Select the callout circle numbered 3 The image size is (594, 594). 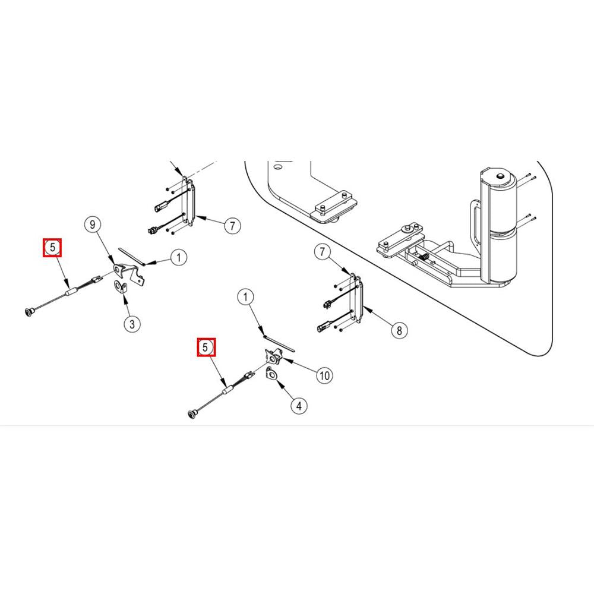(132, 324)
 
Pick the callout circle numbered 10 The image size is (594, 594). (324, 375)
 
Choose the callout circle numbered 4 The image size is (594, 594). (299, 406)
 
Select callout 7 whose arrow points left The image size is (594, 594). (232, 226)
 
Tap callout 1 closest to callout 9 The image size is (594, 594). (178, 257)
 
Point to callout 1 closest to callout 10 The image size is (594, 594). (245, 296)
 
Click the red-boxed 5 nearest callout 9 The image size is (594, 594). (52, 247)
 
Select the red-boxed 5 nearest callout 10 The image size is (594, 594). (206, 347)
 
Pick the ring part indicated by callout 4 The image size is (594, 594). (273, 374)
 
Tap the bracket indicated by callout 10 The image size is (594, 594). (273, 357)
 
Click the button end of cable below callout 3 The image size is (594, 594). (191, 412)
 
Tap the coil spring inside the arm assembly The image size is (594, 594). (426, 256)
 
